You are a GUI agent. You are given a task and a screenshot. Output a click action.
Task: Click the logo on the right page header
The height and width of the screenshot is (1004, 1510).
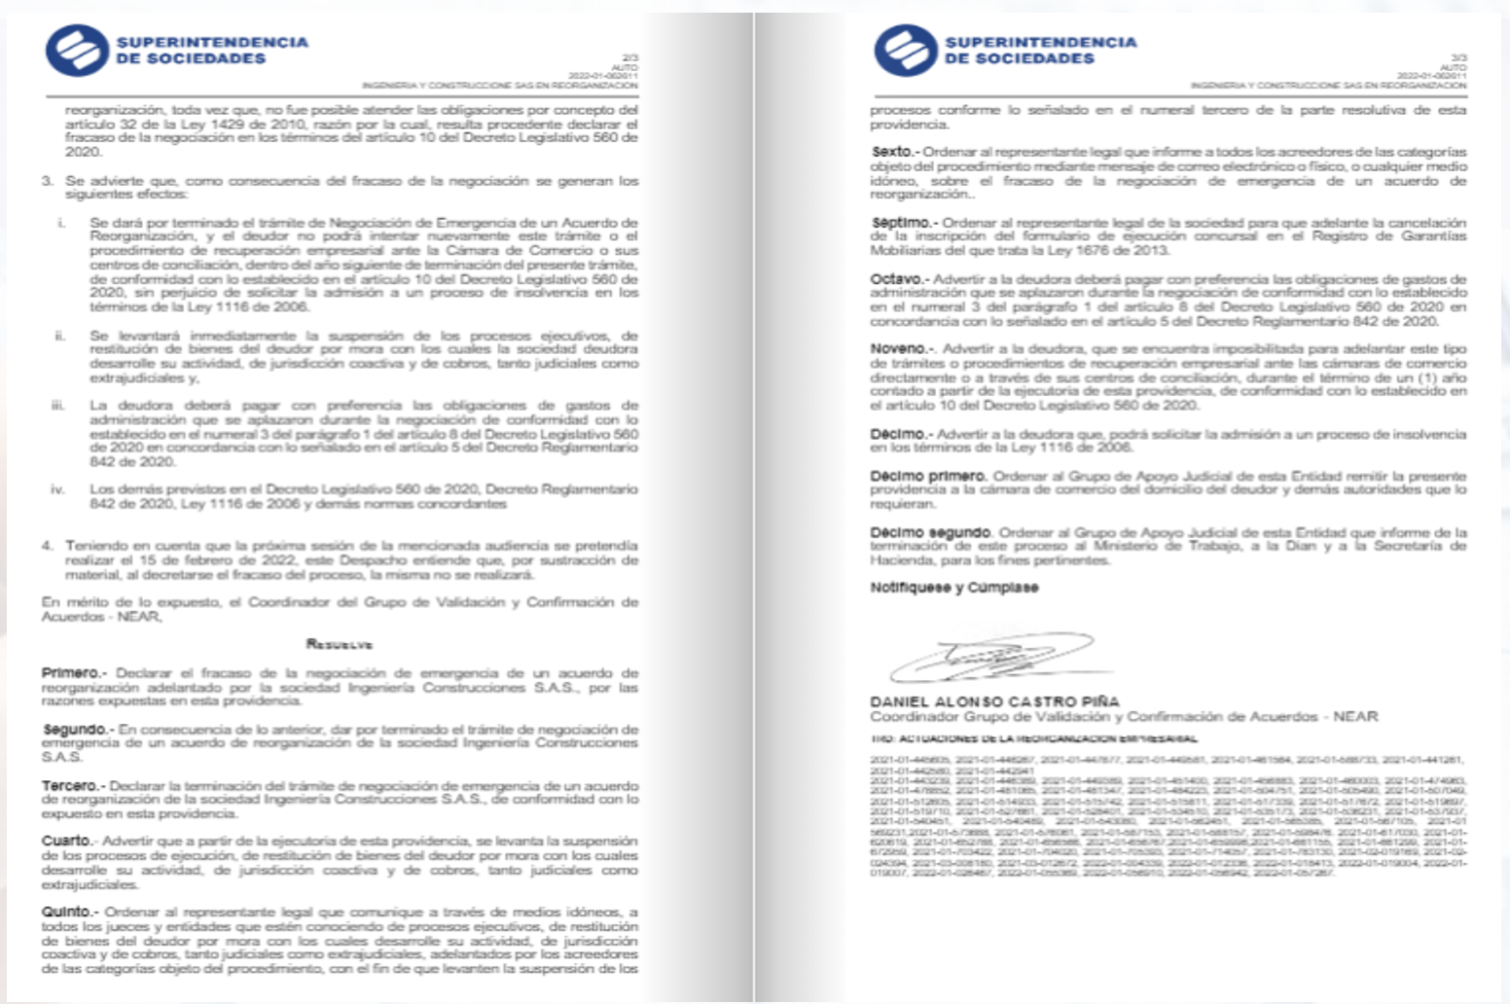click(905, 51)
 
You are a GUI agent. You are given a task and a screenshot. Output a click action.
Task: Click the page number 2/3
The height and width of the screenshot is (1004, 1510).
click(629, 58)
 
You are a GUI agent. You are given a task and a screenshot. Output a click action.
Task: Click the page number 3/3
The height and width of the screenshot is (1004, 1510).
click(1458, 58)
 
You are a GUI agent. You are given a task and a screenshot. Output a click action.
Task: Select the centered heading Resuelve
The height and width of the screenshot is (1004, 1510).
click(340, 644)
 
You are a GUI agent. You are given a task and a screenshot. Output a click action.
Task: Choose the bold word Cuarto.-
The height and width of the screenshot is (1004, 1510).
click(69, 841)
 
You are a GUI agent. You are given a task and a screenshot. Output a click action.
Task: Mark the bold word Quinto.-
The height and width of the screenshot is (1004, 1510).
click(70, 912)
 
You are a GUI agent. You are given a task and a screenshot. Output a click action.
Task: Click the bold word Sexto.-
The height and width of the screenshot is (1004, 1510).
click(894, 152)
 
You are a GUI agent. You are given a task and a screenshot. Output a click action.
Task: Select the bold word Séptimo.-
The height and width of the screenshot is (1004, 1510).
click(904, 223)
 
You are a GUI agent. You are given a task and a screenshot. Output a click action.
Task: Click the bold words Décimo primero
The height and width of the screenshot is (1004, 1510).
click(928, 476)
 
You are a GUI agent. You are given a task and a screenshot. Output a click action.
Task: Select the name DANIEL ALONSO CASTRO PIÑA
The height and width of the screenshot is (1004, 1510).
click(994, 701)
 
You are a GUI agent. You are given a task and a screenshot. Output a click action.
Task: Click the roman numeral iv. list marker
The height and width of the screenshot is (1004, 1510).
click(57, 489)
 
